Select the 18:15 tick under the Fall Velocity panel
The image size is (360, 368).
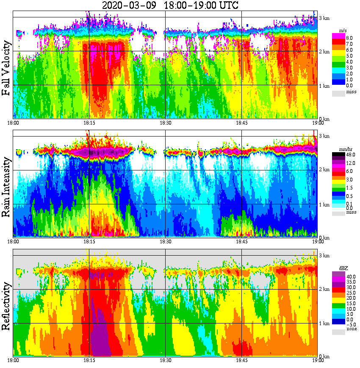click(x=89, y=123)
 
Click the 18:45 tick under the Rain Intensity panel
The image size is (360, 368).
click(x=241, y=241)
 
